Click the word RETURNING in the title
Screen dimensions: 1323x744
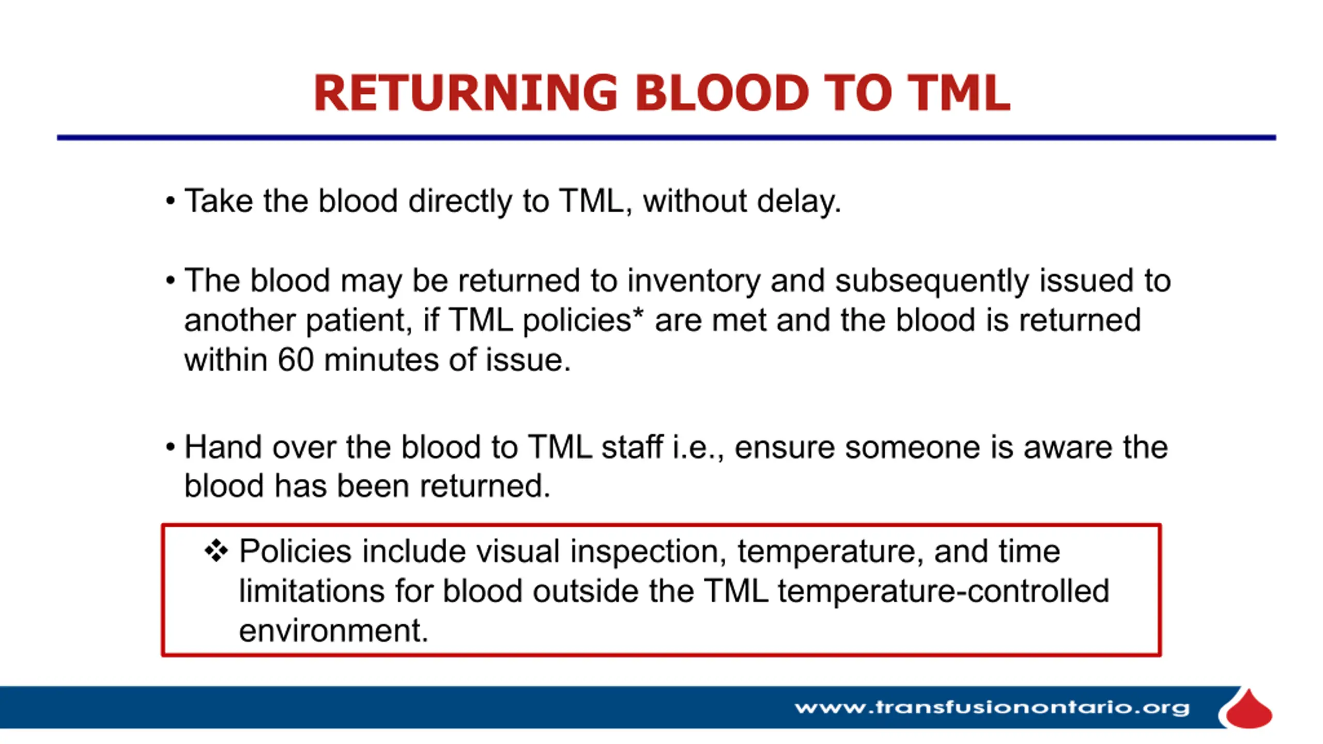click(x=466, y=93)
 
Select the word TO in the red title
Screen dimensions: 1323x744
click(x=857, y=93)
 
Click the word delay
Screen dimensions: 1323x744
click(x=799, y=202)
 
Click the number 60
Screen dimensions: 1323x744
click(x=296, y=360)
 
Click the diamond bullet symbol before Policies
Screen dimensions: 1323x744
click(x=216, y=551)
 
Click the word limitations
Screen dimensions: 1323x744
click(x=312, y=591)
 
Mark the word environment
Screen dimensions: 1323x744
click(x=333, y=631)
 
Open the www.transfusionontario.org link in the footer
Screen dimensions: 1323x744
click(x=992, y=707)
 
